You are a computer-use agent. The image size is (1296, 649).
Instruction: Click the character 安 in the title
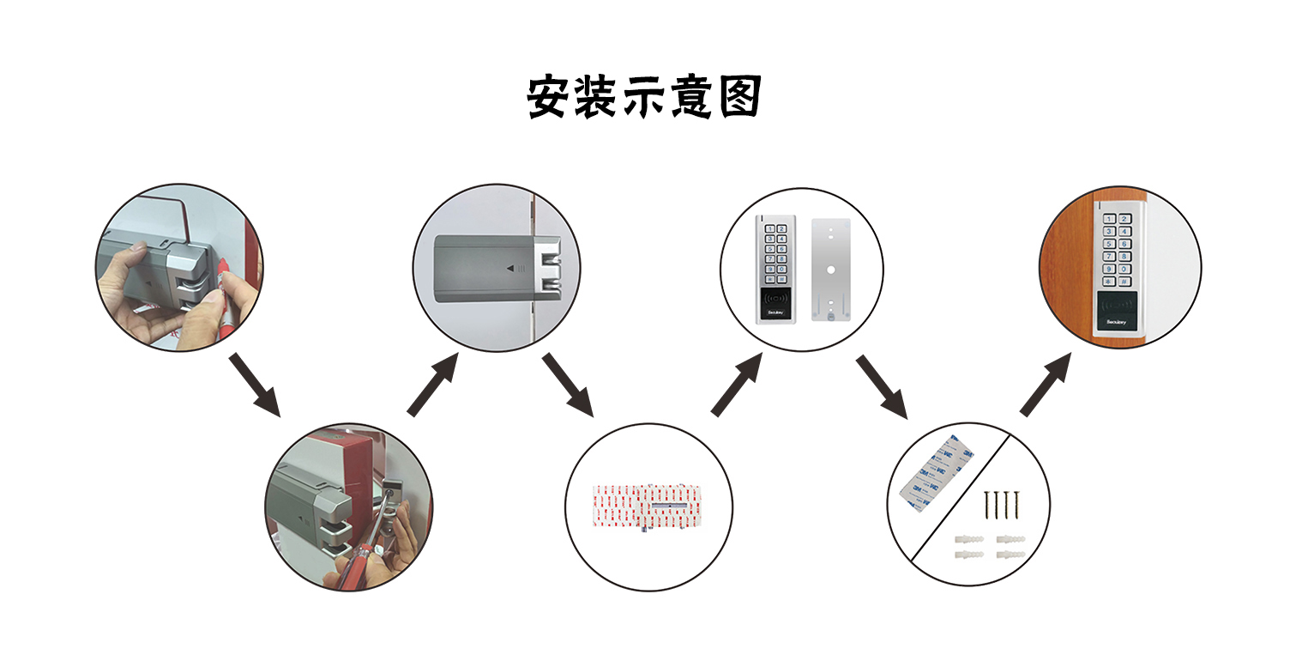[549, 97]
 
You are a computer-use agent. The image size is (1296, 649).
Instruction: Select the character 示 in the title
[645, 97]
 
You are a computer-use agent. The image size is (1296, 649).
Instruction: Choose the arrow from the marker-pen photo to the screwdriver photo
[256, 384]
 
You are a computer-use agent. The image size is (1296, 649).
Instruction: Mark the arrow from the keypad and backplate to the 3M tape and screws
[882, 386]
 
